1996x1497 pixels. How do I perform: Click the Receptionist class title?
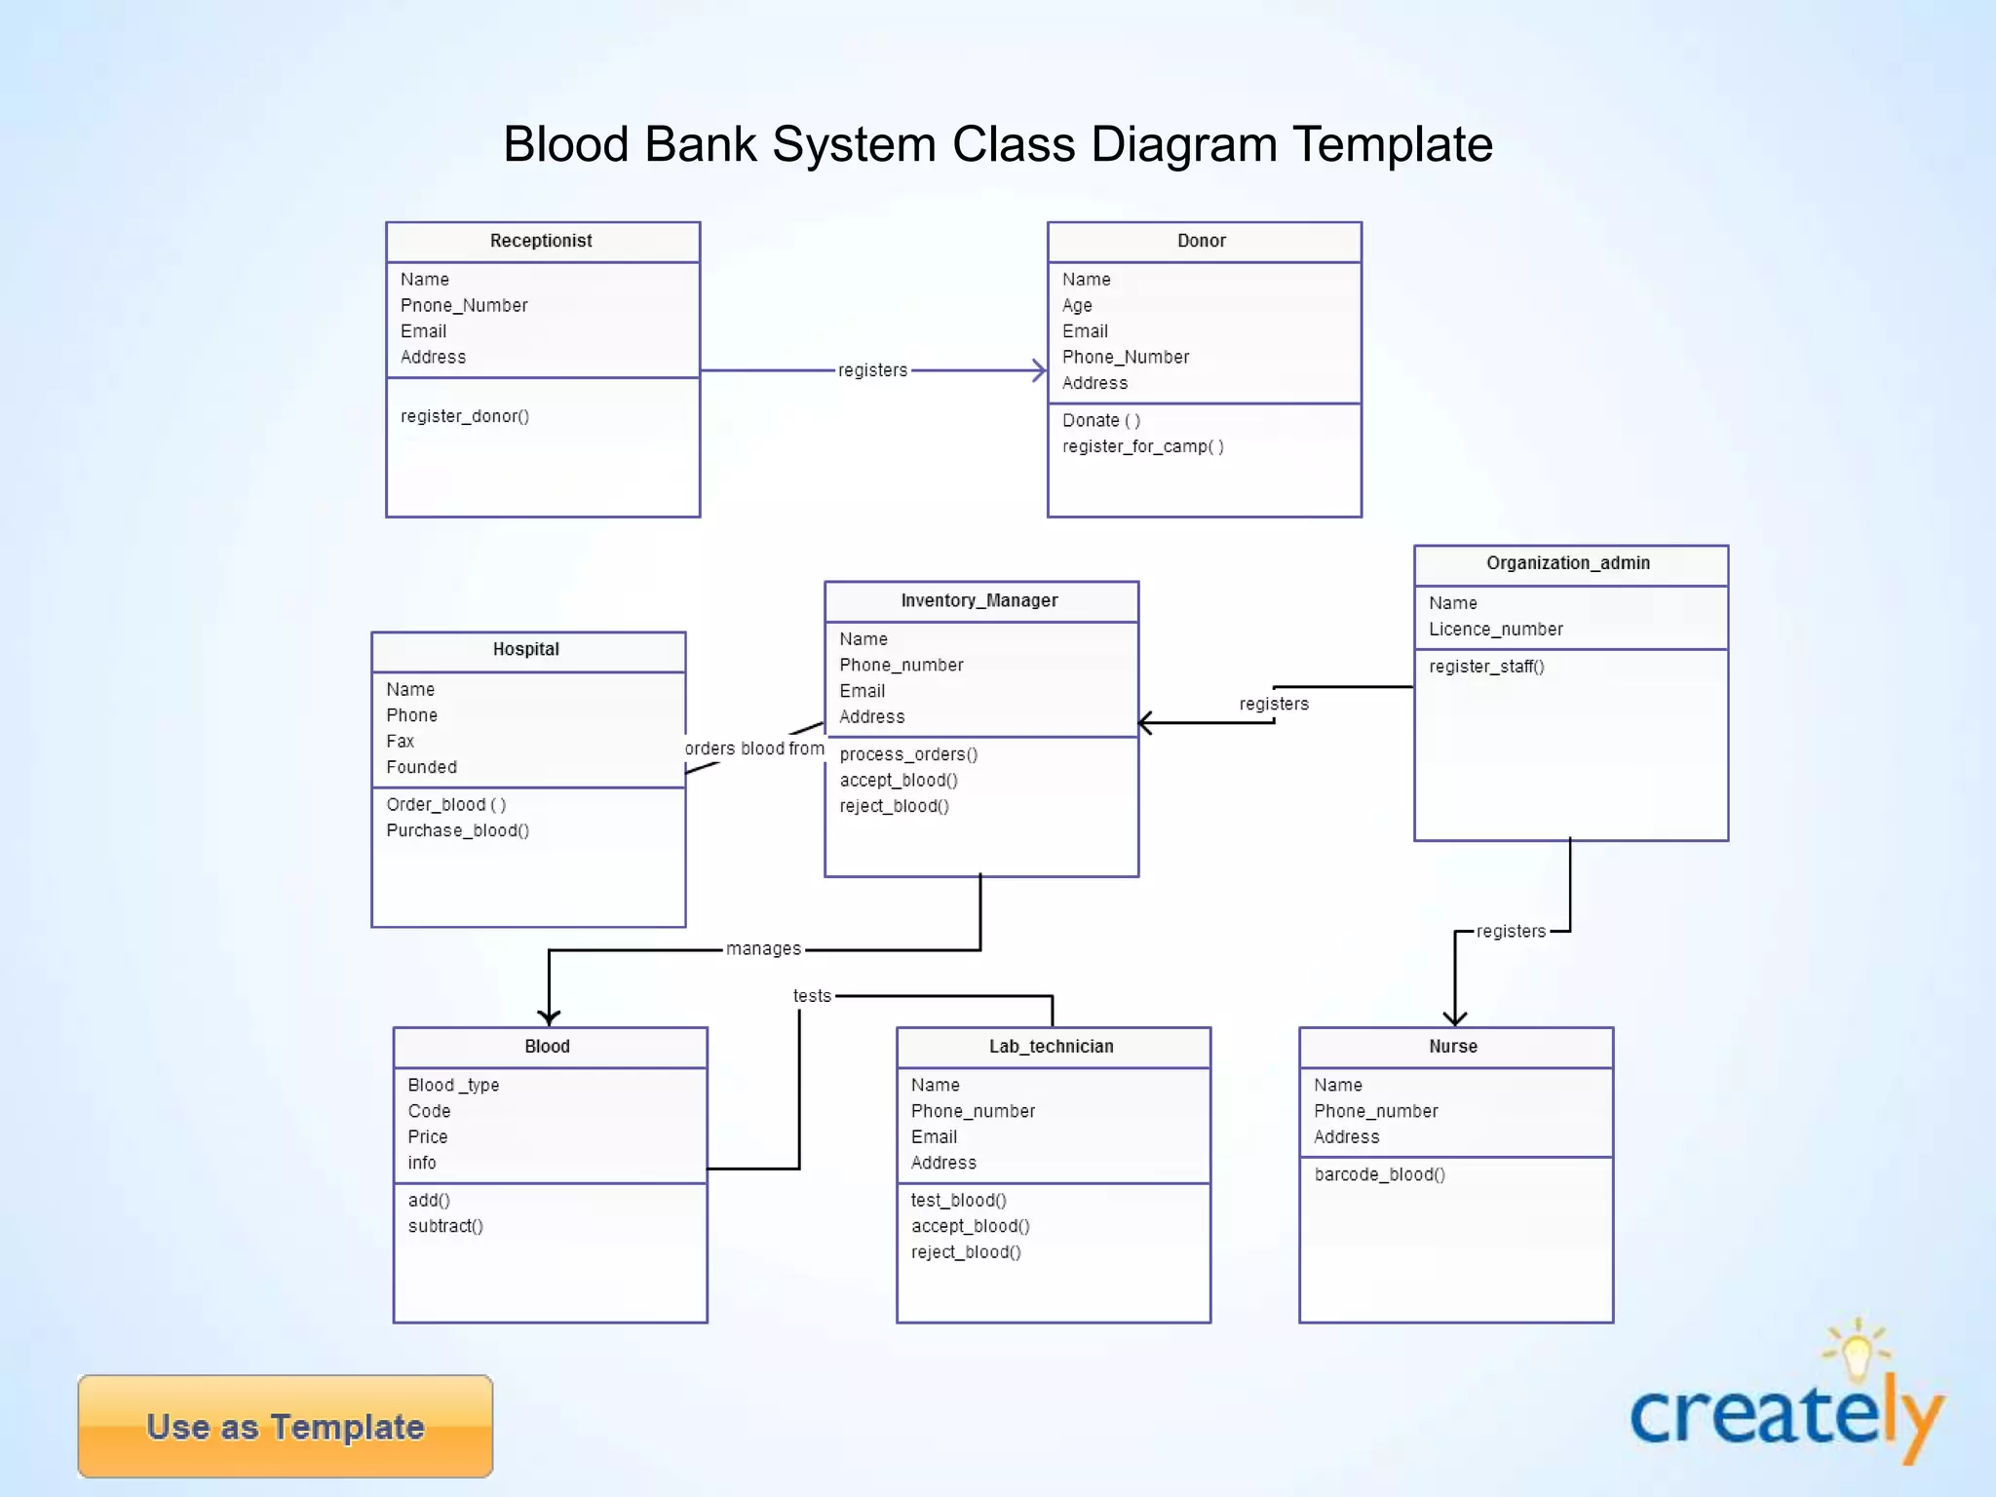tap(541, 241)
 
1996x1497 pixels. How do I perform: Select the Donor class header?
tap(1201, 241)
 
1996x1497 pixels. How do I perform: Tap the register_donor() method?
tap(465, 416)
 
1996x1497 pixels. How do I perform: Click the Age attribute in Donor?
tap(1077, 305)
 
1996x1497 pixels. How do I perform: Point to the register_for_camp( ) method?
tap(1142, 446)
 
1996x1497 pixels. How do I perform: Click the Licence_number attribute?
tap(1495, 630)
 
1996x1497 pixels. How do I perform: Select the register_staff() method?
tap(1486, 667)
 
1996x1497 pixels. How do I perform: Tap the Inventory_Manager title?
tap(979, 600)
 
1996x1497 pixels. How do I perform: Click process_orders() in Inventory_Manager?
tap(908, 754)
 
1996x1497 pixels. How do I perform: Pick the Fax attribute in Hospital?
tap(401, 741)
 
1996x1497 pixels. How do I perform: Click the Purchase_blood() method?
tap(457, 830)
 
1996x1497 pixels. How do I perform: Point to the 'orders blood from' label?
tap(754, 748)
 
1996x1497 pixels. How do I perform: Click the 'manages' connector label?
tap(763, 949)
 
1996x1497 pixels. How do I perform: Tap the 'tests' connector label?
tap(812, 996)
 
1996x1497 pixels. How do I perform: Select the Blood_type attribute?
tap(453, 1085)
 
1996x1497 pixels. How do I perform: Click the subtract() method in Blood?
tap(445, 1226)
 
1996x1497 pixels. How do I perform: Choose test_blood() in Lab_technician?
tap(958, 1201)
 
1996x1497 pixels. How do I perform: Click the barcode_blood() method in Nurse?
tap(1379, 1174)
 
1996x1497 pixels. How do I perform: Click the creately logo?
tap(1786, 1408)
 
